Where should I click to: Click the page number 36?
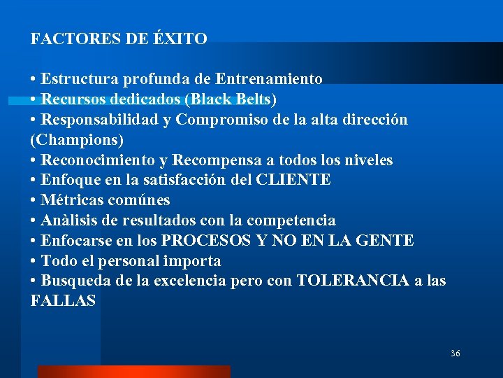point(455,353)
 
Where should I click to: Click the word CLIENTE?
point(294,180)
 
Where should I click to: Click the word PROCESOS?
point(206,241)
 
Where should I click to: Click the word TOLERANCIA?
point(353,281)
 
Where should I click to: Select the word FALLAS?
point(63,302)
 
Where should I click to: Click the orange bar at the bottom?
point(133,371)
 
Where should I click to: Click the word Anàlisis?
point(72,220)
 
